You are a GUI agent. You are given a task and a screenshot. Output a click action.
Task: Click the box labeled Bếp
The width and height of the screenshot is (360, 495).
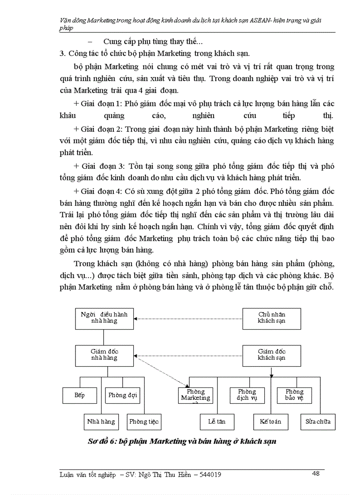pyautogui.click(x=79, y=395)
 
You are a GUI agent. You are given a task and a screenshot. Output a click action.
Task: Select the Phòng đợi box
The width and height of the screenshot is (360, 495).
pyautogui.click(x=123, y=395)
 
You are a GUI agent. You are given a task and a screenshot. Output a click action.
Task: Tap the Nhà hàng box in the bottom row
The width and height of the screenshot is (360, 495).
pyautogui.click(x=101, y=421)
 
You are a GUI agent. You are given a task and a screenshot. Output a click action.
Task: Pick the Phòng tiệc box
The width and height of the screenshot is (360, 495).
pyautogui.click(x=144, y=421)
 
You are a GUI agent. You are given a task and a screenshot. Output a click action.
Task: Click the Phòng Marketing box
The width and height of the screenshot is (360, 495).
pyautogui.click(x=195, y=395)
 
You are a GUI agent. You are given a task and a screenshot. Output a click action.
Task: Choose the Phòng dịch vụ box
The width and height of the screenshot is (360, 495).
pyautogui.click(x=247, y=395)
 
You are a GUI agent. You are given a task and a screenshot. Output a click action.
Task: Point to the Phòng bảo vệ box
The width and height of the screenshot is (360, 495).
pyautogui.click(x=294, y=395)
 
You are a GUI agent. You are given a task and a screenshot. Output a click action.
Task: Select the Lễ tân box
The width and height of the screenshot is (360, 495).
pyautogui.click(x=217, y=421)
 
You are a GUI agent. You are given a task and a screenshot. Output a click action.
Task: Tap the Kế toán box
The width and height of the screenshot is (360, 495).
pyautogui.click(x=270, y=421)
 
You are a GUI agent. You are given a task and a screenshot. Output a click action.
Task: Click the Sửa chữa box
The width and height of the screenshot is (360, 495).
pyautogui.click(x=318, y=421)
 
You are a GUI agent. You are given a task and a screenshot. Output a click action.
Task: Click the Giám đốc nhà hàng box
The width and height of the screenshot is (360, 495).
pyautogui.click(x=104, y=355)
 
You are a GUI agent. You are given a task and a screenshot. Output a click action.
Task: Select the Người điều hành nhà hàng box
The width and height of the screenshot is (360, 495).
pyautogui.click(x=104, y=318)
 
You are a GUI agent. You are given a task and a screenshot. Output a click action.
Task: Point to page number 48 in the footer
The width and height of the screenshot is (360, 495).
pyautogui.click(x=315, y=473)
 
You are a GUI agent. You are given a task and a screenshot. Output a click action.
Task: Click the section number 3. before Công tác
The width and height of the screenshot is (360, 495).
pyautogui.click(x=62, y=54)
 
